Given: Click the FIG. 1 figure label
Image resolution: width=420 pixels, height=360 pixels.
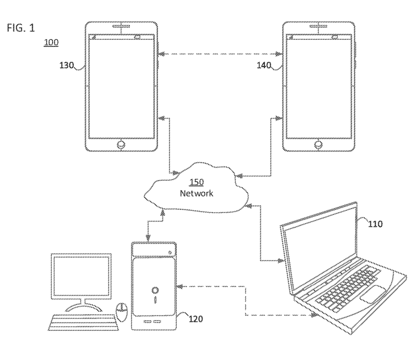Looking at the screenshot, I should (x=21, y=28).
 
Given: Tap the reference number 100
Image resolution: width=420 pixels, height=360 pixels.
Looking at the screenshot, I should (x=51, y=42).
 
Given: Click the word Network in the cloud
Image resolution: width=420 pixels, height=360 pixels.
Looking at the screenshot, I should (x=196, y=193).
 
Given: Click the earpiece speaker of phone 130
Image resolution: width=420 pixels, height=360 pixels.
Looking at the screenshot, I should (x=121, y=28).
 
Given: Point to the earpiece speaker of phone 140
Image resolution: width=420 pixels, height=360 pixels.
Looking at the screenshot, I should (x=319, y=28).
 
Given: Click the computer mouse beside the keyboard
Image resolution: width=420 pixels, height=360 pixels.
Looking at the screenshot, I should (x=121, y=312).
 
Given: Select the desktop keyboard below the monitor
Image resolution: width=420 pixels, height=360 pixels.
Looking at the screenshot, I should (x=82, y=322).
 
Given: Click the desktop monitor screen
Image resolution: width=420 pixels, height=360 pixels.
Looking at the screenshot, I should (x=82, y=275).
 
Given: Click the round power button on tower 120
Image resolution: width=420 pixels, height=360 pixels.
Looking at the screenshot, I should (x=155, y=291).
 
